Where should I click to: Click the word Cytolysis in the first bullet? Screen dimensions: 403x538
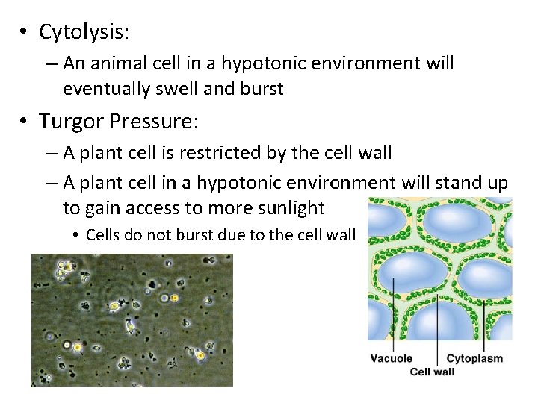click(x=84, y=32)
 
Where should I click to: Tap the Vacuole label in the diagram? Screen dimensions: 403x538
click(x=392, y=359)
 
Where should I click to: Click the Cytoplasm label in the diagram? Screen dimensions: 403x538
click(x=474, y=359)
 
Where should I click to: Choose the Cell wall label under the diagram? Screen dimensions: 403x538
click(x=432, y=372)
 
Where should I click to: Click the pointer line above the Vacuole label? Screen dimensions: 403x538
click(x=394, y=313)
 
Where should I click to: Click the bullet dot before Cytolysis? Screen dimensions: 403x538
click(x=25, y=33)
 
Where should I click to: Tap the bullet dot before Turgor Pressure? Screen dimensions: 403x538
click(x=25, y=122)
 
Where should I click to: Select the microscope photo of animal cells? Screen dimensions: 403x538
click(x=132, y=319)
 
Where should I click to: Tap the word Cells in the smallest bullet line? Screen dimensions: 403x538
click(x=102, y=235)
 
